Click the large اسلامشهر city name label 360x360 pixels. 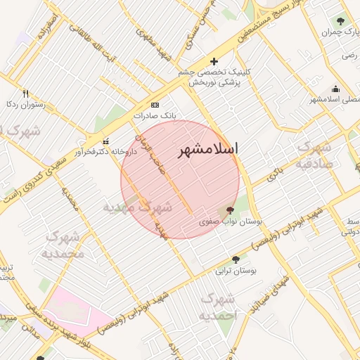coord(207,150)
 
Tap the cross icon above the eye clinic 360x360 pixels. coord(214,62)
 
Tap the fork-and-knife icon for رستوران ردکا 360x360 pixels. coord(26,94)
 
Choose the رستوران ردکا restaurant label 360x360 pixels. coord(25,105)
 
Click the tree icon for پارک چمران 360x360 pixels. coord(342,21)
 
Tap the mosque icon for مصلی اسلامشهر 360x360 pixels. coord(335,89)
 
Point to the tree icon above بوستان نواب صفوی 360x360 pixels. coord(229,210)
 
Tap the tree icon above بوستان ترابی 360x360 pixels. coord(235,259)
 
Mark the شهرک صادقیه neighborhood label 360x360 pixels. coord(315,155)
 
